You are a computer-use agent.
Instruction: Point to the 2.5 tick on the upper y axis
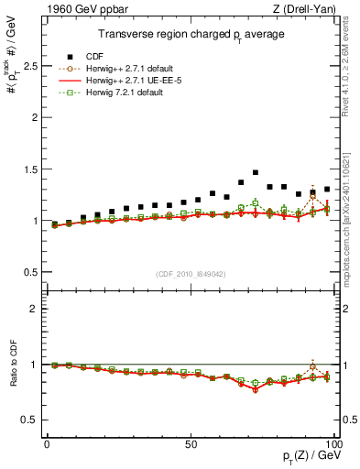point(27,66)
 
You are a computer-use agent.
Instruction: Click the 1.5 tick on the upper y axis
point(27,169)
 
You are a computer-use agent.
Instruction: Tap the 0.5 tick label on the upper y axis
point(27,272)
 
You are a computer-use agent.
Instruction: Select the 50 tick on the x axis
point(191,443)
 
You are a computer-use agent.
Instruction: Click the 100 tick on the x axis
point(333,443)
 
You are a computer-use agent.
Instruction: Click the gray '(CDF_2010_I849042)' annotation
point(191,274)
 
